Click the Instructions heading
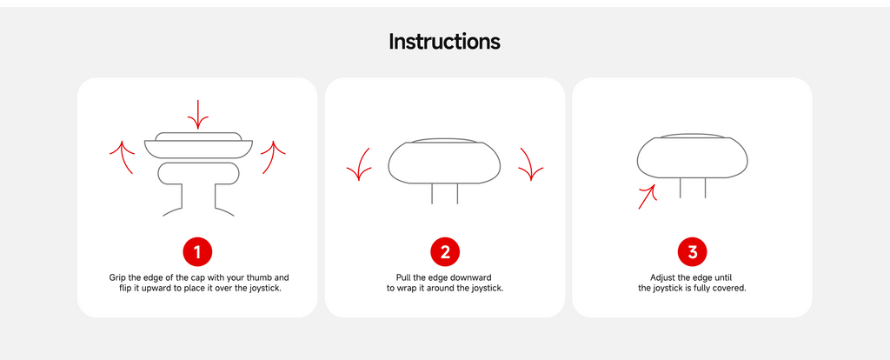point(444,42)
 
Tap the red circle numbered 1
point(197,252)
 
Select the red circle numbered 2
point(445,252)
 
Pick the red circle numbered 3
point(693,252)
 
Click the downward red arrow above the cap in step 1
point(198,115)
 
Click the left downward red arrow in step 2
point(361,164)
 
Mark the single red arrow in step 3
point(647,197)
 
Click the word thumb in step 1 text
point(256,278)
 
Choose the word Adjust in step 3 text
point(662,278)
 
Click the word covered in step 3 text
point(730,289)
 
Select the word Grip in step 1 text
point(117,278)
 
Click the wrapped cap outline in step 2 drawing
point(444,183)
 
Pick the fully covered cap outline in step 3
point(693,177)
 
